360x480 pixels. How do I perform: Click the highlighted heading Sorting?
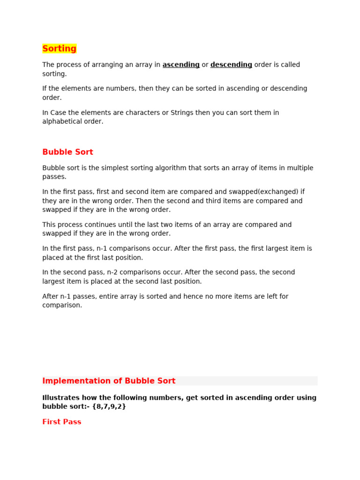(59, 49)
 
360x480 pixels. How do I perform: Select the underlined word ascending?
(181, 65)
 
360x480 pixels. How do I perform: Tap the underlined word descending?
(231, 65)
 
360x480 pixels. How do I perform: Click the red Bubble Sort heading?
(67, 152)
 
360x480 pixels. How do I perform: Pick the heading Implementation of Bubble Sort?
(109, 381)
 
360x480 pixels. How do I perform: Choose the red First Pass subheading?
(62, 422)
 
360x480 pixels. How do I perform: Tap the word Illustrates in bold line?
(60, 397)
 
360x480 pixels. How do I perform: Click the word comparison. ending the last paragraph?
(62, 305)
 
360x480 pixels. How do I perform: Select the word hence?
(199, 296)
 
